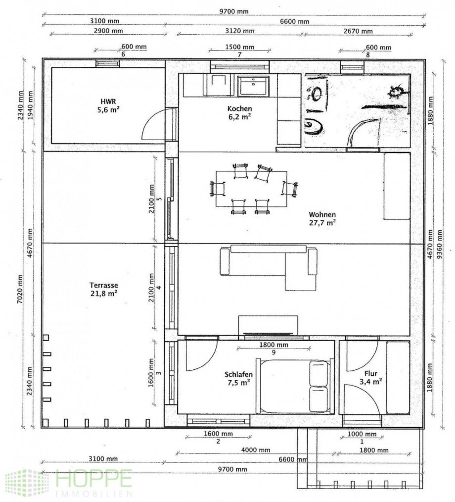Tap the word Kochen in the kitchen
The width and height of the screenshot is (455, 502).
point(239,109)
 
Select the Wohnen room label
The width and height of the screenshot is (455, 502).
point(322,214)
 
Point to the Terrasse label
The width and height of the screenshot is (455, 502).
point(103,285)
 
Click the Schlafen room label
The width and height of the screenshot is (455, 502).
point(238,374)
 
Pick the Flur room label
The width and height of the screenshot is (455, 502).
point(370,374)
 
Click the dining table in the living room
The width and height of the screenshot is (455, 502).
point(251,189)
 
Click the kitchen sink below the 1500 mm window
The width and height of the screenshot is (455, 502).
point(253,86)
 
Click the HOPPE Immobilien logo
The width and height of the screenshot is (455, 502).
point(69,483)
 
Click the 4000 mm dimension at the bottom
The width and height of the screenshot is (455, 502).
point(255,450)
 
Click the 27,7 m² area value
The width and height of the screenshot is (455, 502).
point(322,222)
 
